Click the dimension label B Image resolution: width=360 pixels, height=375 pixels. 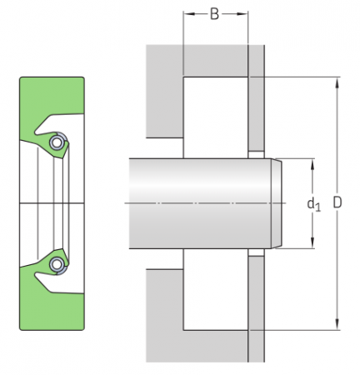[x=216, y=14]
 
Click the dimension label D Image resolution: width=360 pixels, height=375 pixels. [x=337, y=202]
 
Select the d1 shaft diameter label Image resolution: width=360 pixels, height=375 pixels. [x=313, y=203]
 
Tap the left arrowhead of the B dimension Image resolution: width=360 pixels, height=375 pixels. [x=186, y=14]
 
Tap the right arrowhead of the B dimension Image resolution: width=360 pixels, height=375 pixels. [x=245, y=14]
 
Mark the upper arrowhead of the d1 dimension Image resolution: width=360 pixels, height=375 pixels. [x=313, y=162]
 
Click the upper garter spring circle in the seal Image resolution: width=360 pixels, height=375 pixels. [x=56, y=142]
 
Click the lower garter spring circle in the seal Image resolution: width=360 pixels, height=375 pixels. [x=56, y=265]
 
